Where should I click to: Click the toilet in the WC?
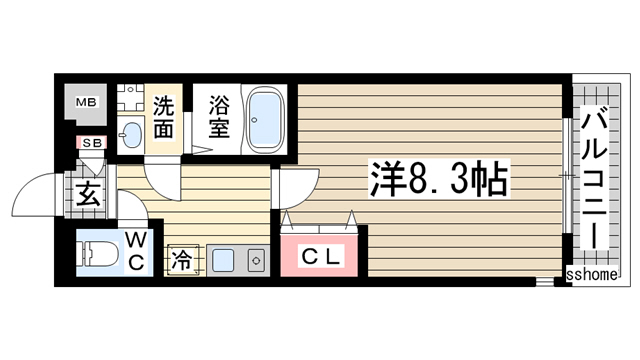click(x=98, y=254)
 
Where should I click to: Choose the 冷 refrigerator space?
click(x=183, y=259)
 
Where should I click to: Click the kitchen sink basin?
click(x=222, y=260)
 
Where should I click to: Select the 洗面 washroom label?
click(x=165, y=117)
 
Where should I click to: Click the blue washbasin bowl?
click(x=130, y=134)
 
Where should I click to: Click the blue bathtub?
click(x=265, y=117)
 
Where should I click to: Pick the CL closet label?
click(x=323, y=256)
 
